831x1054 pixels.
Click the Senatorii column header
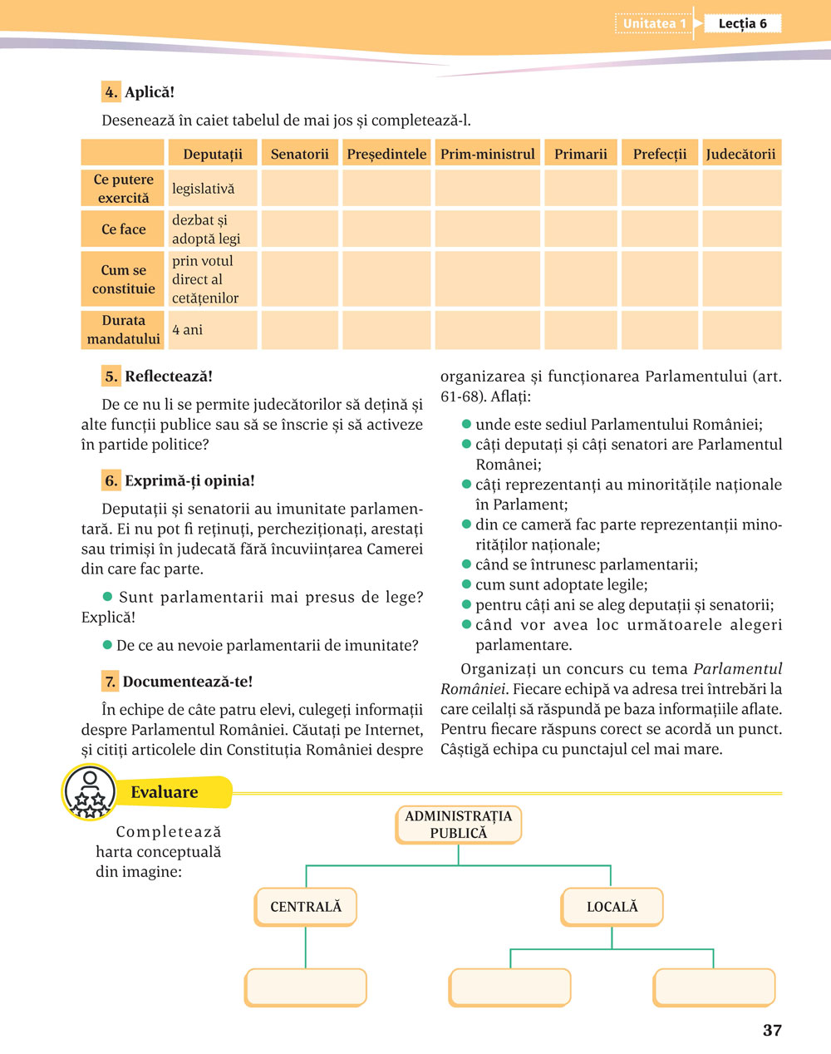click(x=299, y=154)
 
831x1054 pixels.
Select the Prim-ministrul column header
click(x=488, y=154)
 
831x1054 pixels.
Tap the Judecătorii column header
click(x=740, y=154)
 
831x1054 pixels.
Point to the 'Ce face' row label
click(x=123, y=229)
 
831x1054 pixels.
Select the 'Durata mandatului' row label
click(x=123, y=330)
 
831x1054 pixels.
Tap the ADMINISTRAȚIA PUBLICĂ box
click(x=459, y=825)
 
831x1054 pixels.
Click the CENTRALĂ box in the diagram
click(x=306, y=907)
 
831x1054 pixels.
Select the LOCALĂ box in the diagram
click(x=612, y=907)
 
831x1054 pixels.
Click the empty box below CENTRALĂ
click(x=306, y=988)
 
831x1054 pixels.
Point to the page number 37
click(x=772, y=1031)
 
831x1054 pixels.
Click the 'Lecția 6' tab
click(x=742, y=23)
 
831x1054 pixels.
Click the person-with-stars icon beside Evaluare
click(x=89, y=792)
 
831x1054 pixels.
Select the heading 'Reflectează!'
click(x=169, y=377)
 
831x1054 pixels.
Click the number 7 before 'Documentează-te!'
click(x=110, y=682)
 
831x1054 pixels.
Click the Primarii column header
click(x=581, y=154)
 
